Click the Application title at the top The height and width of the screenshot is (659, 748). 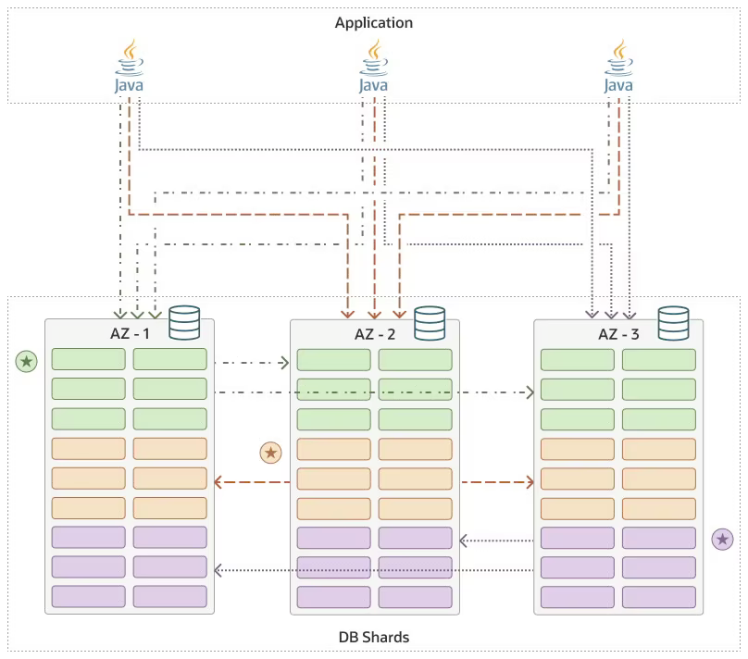[374, 22]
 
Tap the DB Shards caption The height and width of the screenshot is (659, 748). [374, 637]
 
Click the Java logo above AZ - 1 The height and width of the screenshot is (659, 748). [130, 67]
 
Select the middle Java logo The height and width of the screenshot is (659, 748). [374, 67]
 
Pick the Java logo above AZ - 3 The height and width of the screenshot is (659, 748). [618, 67]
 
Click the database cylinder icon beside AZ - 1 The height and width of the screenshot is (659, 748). [185, 323]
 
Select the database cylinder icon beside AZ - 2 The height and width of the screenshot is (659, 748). [430, 323]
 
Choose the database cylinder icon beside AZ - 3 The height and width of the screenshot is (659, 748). [674, 323]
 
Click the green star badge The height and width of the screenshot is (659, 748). [27, 361]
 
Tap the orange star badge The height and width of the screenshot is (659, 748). [270, 452]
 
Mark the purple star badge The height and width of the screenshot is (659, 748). [722, 539]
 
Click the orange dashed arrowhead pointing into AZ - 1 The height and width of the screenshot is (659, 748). [218, 481]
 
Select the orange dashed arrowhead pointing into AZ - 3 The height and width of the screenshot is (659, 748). [530, 481]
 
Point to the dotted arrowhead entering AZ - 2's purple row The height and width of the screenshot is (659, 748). [464, 540]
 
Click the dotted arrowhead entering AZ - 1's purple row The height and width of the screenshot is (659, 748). [218, 569]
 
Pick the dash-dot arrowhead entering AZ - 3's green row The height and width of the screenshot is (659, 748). [530, 393]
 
